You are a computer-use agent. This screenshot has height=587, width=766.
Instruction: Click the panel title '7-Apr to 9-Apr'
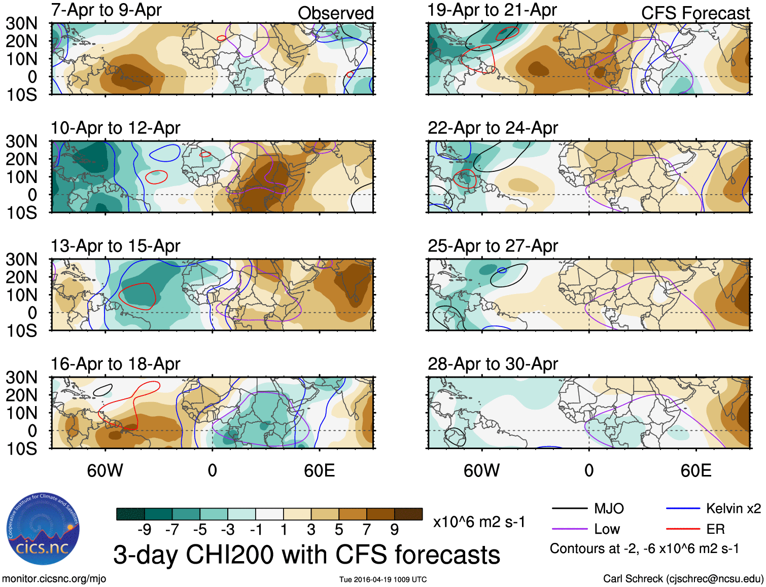pos(106,10)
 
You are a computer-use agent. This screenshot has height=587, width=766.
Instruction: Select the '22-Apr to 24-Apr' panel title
pos(493,128)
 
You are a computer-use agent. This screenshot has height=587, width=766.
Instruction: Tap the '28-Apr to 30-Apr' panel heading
pos(493,364)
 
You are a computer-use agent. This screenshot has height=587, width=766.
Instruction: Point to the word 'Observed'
pos(336,13)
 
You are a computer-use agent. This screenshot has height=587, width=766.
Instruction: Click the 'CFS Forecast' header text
pos(695,13)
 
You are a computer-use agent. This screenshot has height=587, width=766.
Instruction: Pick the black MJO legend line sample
pos(569,508)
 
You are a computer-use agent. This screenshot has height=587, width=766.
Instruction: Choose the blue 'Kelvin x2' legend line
pos(683,508)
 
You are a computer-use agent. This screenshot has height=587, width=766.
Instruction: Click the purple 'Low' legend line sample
pos(569,529)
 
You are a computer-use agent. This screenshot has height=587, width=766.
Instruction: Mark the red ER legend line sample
pos(683,529)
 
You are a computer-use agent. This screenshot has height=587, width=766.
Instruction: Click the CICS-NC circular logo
pos(43,529)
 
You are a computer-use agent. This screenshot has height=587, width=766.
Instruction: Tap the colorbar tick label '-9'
pos(144,530)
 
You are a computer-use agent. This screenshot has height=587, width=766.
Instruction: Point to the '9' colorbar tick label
pos(394,530)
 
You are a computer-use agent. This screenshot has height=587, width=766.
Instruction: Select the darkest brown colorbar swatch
pos(408,514)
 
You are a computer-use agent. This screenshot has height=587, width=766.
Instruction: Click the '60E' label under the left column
pos(319,471)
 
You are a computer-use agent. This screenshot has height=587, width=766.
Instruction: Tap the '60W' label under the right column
pos(481,471)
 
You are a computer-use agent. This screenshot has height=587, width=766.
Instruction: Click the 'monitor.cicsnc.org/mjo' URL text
pos(54,579)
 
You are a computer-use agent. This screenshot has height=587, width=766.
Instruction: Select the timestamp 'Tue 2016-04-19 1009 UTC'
pos(383,579)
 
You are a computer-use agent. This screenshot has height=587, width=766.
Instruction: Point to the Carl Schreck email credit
pos(683,579)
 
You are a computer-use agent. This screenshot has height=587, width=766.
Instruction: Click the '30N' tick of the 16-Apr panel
pos(21,378)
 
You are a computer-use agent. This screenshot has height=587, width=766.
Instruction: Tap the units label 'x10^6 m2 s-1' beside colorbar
pos(479,522)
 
